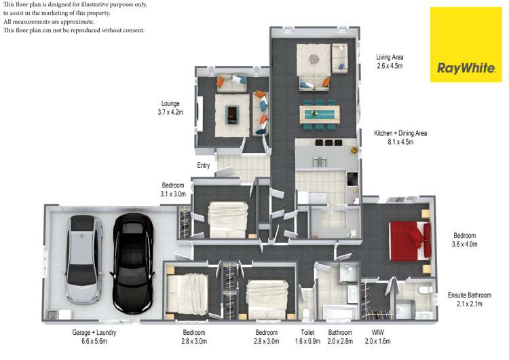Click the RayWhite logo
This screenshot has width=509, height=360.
pos(461,44)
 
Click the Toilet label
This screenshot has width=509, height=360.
pos(307,333)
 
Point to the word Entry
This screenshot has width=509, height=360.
pos(204,166)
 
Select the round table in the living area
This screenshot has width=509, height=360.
pos(313,59)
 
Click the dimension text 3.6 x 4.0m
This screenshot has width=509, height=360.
pos(465,245)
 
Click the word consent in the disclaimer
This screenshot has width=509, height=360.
pos(133,31)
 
